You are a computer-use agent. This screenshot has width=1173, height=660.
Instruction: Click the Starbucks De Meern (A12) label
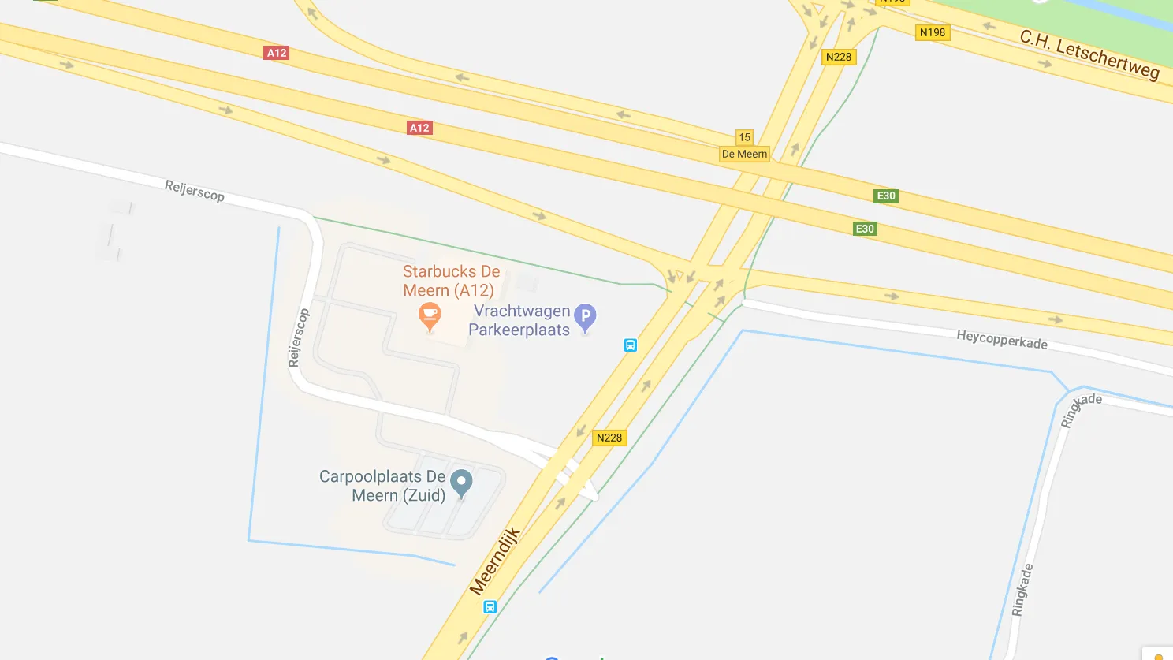coord(451,281)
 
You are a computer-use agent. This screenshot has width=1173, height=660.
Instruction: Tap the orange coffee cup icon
coord(430,317)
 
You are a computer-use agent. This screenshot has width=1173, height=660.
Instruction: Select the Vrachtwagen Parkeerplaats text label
coord(519,321)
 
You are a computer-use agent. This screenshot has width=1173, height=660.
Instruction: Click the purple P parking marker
coord(585,317)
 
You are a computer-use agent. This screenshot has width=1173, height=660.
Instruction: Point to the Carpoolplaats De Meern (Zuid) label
coord(382,486)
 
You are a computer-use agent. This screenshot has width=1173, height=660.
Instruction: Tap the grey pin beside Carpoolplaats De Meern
coord(461,482)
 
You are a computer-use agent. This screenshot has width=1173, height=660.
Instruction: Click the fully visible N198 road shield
coord(933,32)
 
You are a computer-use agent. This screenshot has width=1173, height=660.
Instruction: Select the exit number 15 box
coord(744,137)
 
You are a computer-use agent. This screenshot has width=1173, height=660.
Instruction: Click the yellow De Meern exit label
coord(744,155)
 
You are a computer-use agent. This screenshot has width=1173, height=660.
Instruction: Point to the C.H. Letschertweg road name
coord(1089,54)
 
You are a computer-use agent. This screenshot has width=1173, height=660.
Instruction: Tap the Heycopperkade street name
coord(1002,340)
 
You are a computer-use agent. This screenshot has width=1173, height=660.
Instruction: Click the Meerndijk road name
coord(495,561)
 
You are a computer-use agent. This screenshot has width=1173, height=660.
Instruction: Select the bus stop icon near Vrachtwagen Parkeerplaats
coord(631,345)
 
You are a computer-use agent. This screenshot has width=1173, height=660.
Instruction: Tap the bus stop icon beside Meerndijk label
coord(490,607)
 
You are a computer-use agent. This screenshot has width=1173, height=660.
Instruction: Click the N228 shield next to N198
coord(839,57)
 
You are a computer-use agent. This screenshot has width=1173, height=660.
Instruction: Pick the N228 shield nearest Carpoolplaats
coord(609,438)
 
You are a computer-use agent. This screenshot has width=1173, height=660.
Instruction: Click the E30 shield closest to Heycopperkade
coord(865,229)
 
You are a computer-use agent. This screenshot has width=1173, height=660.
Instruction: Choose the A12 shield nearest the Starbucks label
coord(419,128)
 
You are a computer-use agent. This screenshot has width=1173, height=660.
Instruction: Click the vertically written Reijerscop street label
coord(299,337)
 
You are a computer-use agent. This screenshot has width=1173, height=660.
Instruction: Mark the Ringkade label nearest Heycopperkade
coord(1080,409)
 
